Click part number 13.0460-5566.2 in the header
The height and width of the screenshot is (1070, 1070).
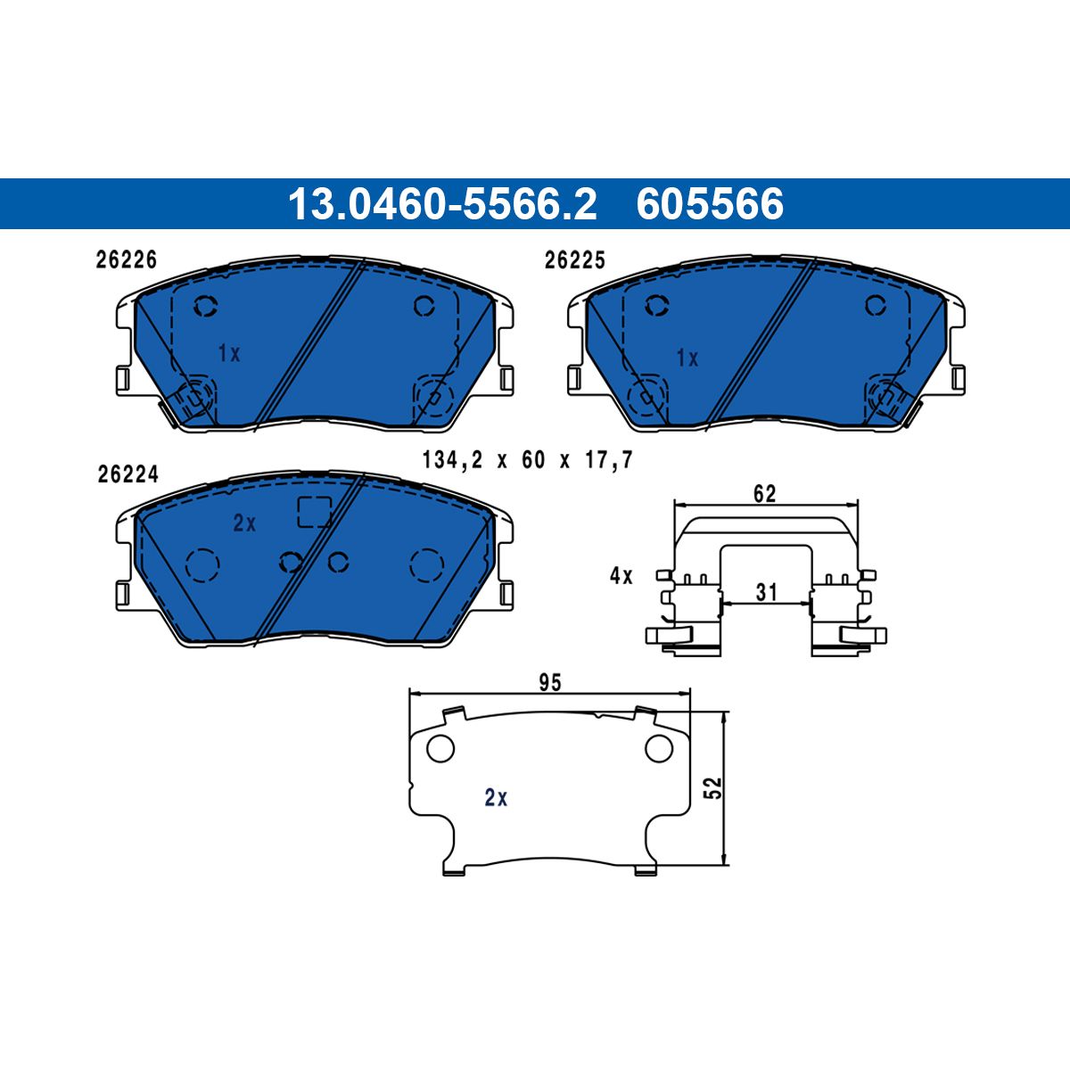coord(442,204)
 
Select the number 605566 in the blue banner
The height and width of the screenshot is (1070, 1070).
coord(710,204)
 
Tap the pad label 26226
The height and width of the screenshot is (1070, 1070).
coord(126,259)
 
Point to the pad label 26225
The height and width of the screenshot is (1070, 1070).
coord(574,260)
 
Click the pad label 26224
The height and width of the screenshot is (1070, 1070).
coord(128,474)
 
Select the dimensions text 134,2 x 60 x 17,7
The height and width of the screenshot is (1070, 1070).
coord(528,460)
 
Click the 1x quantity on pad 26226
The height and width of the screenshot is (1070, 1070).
coord(229,353)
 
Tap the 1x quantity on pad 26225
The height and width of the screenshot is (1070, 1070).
coord(687,358)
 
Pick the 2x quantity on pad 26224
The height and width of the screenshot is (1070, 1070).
coord(244,523)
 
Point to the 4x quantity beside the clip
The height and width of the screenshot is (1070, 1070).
coord(621,576)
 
